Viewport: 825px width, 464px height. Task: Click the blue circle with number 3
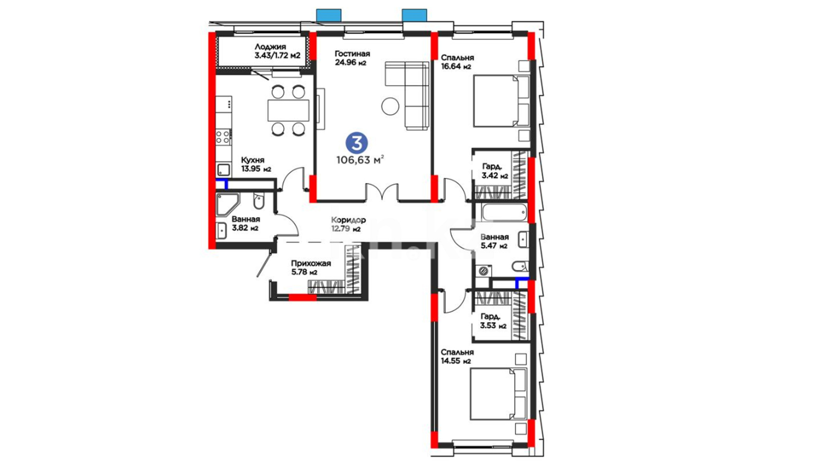(x=357, y=143)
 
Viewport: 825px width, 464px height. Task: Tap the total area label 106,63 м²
(x=360, y=160)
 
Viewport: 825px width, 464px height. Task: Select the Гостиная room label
(x=352, y=54)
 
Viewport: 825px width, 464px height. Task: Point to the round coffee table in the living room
(x=390, y=106)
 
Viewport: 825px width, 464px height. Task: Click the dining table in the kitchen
(x=288, y=110)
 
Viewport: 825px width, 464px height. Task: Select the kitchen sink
(x=223, y=169)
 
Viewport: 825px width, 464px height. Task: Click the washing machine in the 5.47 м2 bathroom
(x=484, y=271)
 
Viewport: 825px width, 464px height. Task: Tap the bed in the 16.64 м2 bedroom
(x=501, y=101)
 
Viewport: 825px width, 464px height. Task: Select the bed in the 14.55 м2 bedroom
(x=498, y=394)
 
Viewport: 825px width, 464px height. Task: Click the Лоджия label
(x=270, y=46)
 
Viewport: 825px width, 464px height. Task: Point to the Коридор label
(x=348, y=220)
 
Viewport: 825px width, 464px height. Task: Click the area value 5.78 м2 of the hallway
(x=304, y=272)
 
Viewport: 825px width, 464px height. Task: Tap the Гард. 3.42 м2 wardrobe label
(x=495, y=171)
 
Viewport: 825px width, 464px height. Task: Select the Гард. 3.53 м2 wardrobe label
(x=493, y=321)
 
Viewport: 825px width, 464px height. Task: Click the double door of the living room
(x=382, y=192)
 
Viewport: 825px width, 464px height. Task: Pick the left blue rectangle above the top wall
(x=329, y=15)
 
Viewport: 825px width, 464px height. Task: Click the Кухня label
(x=253, y=160)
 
